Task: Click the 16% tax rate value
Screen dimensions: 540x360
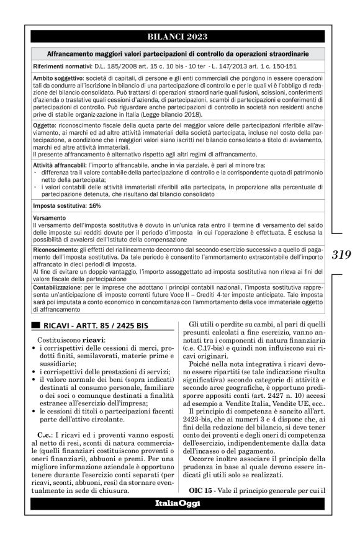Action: click(x=87, y=205)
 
